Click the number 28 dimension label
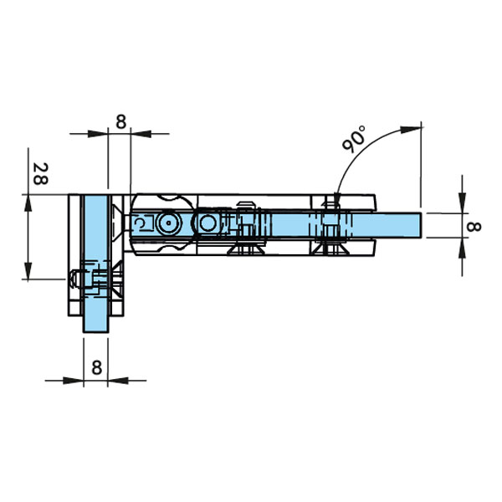point(41,174)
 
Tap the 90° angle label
point(353,139)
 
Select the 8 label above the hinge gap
point(121,122)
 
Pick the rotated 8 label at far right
point(474,227)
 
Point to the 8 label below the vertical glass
point(97,367)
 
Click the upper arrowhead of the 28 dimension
point(28,202)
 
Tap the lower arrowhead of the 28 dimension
point(28,270)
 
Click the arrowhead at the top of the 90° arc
point(411,130)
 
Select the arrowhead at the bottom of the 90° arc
point(337,201)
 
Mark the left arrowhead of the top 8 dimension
point(98,134)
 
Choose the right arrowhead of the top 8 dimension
point(141,134)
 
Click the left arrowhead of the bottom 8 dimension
point(73,381)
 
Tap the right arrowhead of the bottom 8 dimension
point(118,381)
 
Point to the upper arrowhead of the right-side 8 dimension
point(462,202)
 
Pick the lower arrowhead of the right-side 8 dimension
point(462,248)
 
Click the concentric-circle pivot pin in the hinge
point(168,223)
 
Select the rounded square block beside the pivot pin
point(208,223)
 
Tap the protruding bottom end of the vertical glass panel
point(96,324)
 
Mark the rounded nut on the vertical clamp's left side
point(74,279)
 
